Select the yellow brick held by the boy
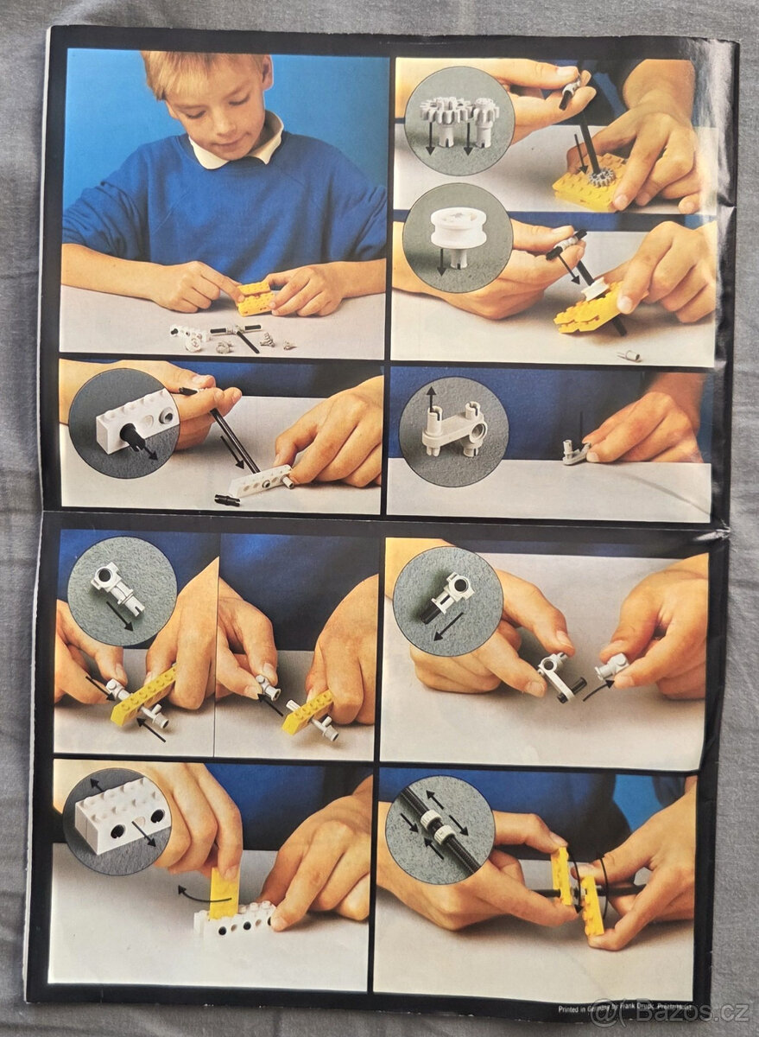tap(254, 298)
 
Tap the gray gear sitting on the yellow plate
tap(601, 178)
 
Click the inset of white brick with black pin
tap(123, 423)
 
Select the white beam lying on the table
tap(259, 480)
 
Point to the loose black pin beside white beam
tap(226, 499)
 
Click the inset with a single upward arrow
tap(452, 429)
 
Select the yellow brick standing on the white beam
tap(224, 893)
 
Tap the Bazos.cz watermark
tap(665, 1009)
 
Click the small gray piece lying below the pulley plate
tap(630, 354)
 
